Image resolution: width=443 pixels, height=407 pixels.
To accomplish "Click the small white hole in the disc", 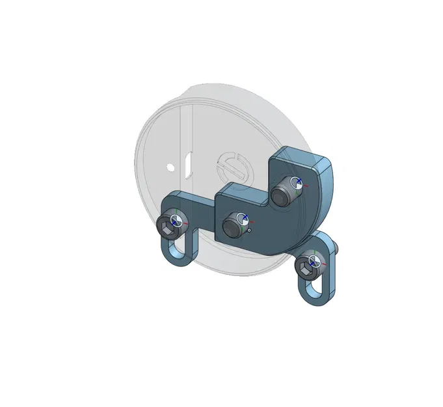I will (170, 167).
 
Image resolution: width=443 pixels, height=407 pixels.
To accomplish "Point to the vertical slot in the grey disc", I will (187, 164).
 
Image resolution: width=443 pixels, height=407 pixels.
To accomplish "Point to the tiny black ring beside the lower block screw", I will (249, 230).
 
